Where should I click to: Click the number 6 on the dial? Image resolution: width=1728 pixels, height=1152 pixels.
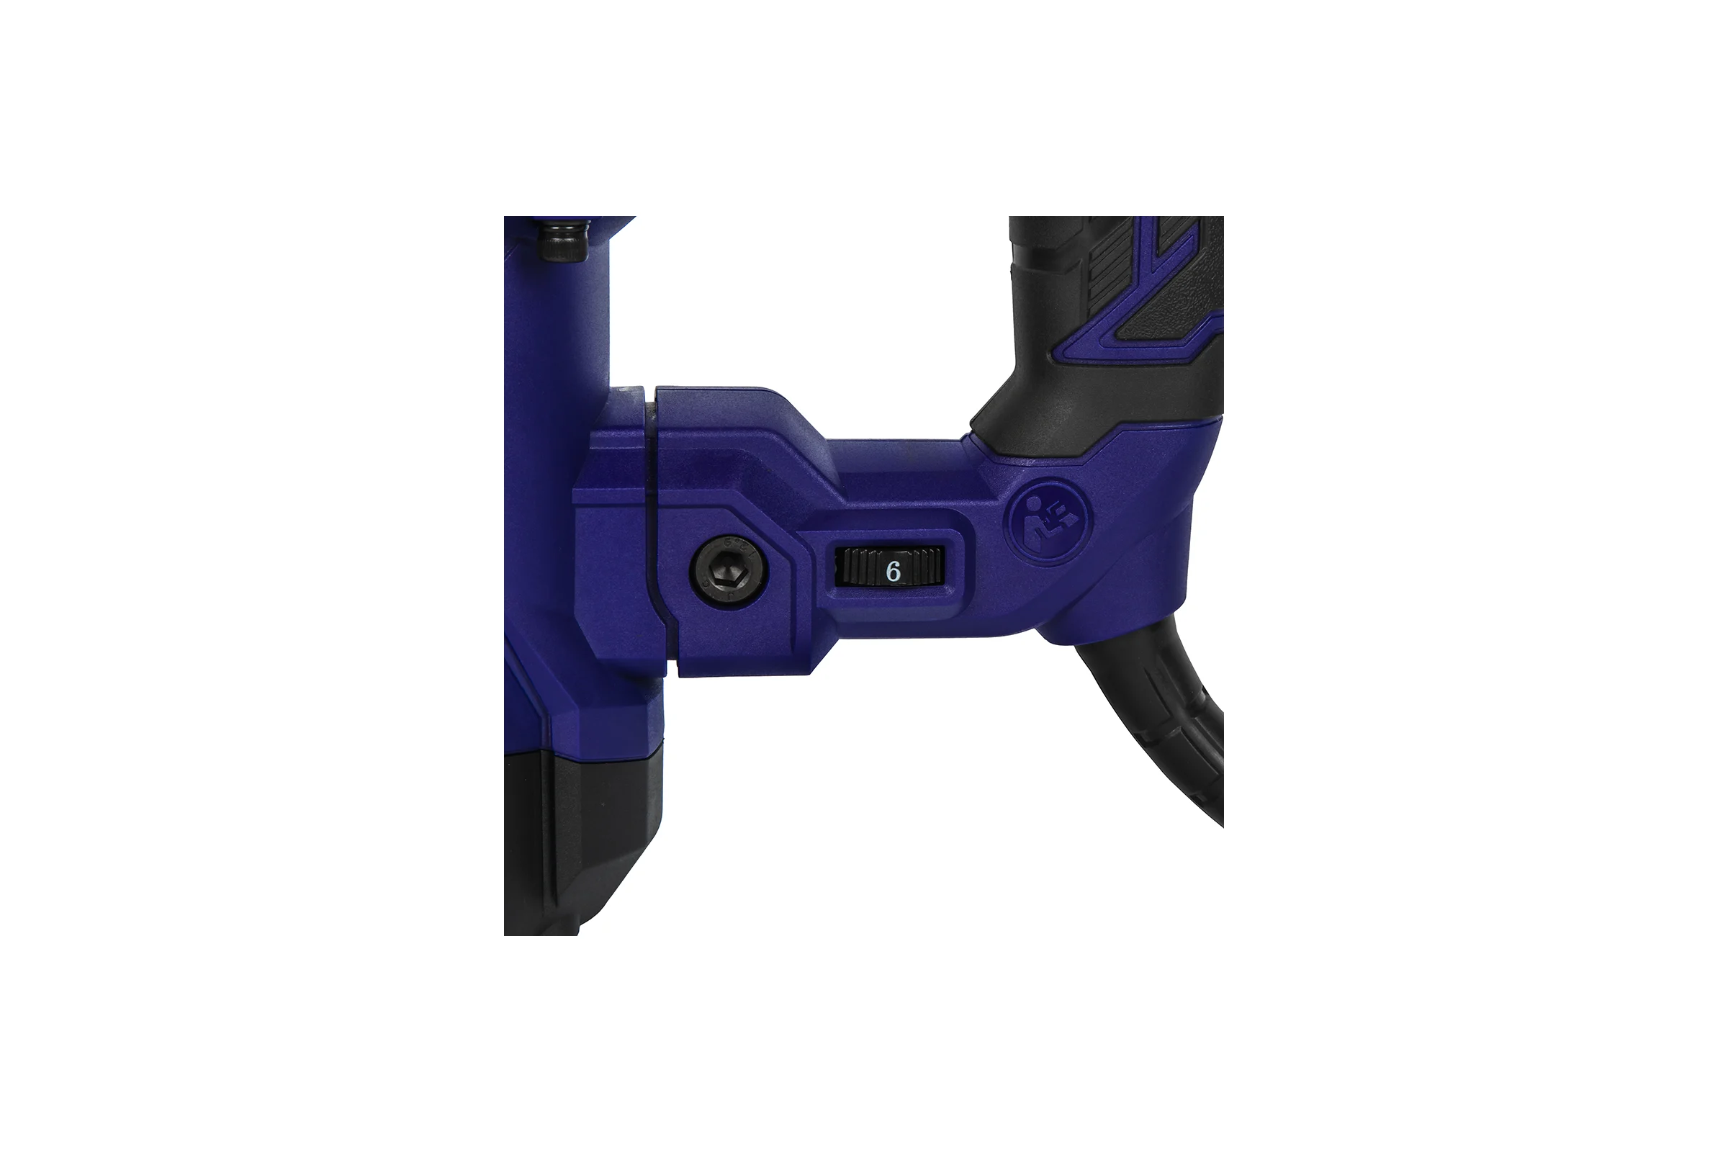click(x=894, y=570)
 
